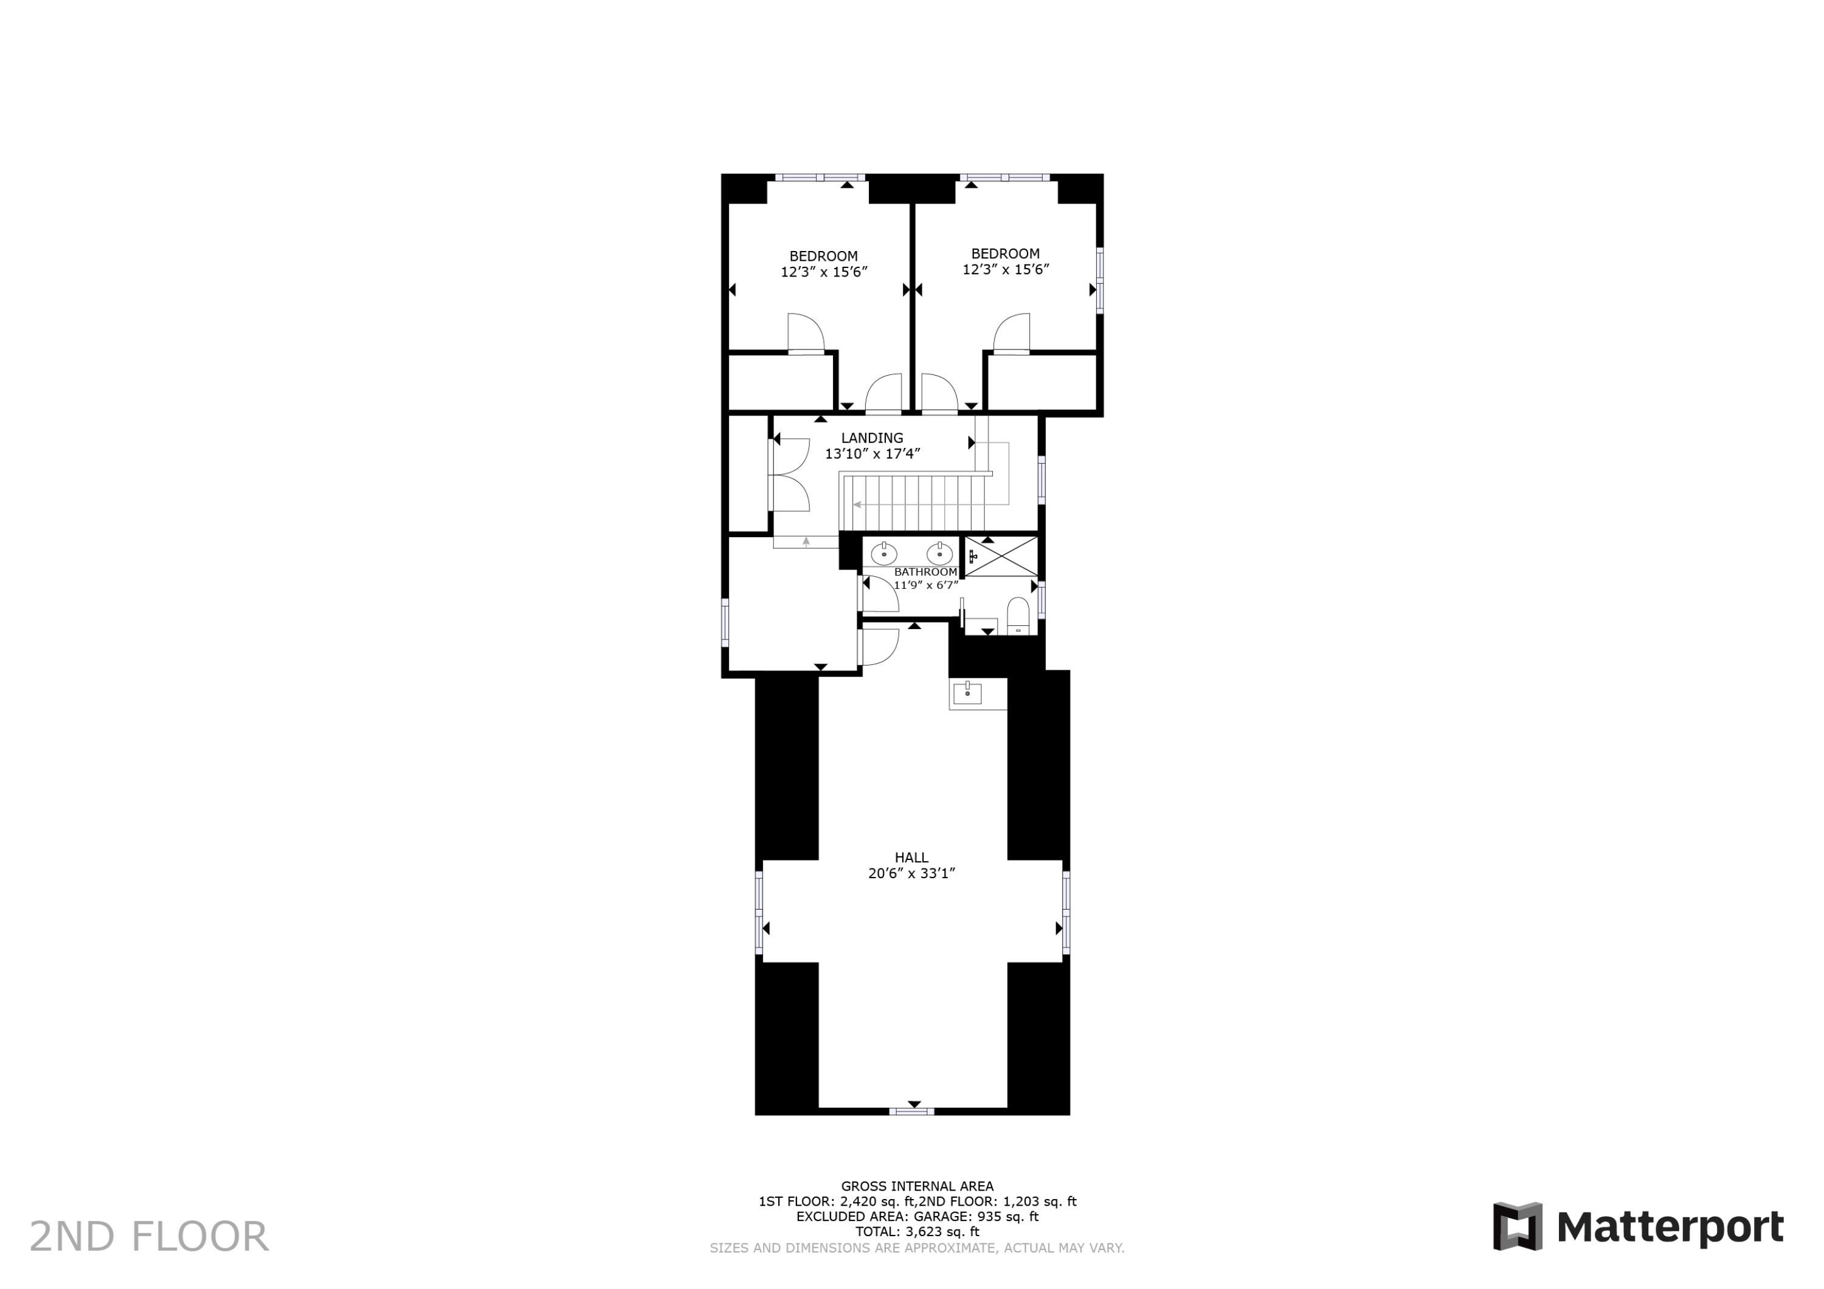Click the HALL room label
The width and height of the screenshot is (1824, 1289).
click(x=911, y=858)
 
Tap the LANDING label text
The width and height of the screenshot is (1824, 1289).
click(x=871, y=438)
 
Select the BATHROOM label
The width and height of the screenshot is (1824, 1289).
click(x=925, y=572)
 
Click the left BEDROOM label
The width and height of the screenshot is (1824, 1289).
click(x=823, y=256)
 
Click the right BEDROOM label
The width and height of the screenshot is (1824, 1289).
click(x=1005, y=253)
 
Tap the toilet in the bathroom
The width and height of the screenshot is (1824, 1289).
click(x=1018, y=616)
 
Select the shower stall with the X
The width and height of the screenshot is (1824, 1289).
click(x=1001, y=556)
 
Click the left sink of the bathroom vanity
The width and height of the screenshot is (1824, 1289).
click(x=883, y=553)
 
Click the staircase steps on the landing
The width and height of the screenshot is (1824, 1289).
click(x=914, y=502)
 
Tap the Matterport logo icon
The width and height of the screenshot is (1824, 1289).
click(x=1518, y=1226)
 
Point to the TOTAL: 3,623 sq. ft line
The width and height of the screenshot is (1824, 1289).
click(x=917, y=1232)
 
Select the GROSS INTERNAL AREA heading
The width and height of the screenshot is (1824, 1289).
click(x=917, y=1186)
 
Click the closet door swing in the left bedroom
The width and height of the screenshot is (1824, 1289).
click(x=805, y=334)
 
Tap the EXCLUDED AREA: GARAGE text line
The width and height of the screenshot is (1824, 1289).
click(x=917, y=1217)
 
